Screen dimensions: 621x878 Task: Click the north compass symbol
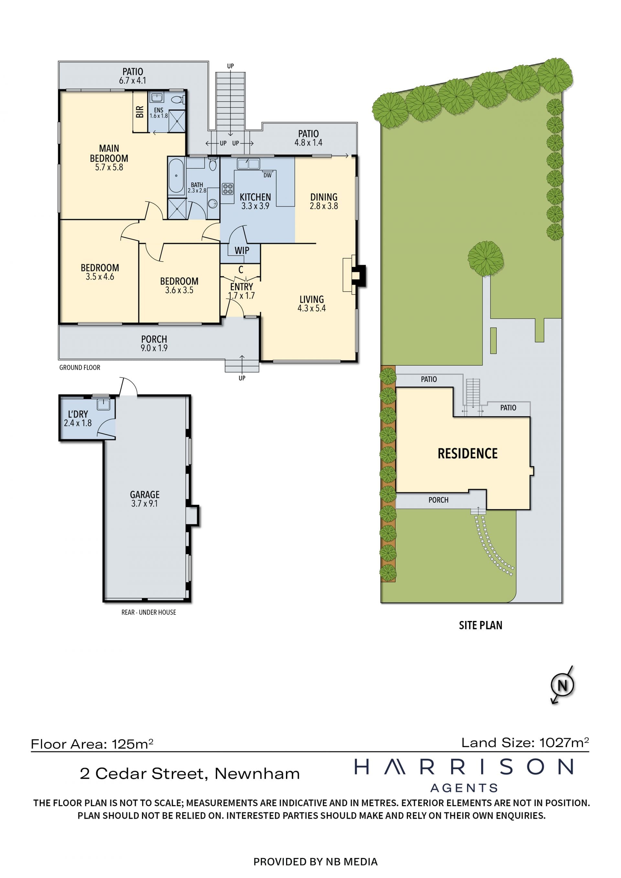tap(562, 685)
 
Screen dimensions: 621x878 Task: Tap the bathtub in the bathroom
tap(176, 176)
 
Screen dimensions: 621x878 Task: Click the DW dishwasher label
tap(267, 175)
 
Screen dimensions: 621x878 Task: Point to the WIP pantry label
tap(242, 251)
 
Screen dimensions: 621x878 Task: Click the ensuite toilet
tap(177, 100)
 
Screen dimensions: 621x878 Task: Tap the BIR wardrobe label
tap(140, 112)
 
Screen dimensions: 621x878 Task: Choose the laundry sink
tap(103, 404)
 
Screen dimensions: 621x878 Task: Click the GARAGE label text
tap(145, 494)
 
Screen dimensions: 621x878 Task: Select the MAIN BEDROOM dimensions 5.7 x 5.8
tap(109, 167)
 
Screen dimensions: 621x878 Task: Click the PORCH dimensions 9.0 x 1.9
tap(154, 348)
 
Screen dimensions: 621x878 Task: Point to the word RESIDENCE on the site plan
tap(467, 453)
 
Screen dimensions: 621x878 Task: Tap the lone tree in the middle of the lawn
tap(485, 258)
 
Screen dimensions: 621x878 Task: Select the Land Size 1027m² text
tap(525, 742)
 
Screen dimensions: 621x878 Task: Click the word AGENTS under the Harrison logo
tap(464, 788)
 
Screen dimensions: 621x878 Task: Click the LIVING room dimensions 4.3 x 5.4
tap(312, 308)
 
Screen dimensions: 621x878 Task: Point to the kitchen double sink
tap(248, 164)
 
